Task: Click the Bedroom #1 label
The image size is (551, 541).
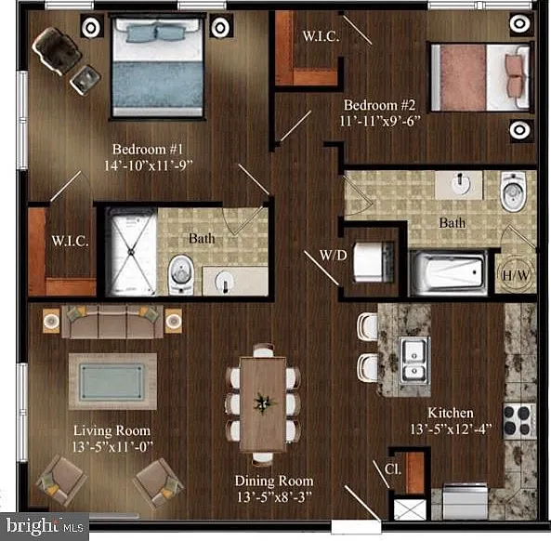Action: click(x=148, y=150)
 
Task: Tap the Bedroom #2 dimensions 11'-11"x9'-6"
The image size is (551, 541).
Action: click(x=380, y=121)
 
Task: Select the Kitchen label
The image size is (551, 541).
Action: click(x=451, y=413)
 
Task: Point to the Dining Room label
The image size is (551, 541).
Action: click(x=274, y=481)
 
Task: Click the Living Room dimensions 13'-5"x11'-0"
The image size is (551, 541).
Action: click(x=112, y=447)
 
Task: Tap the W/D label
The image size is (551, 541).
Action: click(x=334, y=256)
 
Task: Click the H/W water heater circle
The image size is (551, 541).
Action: click(x=515, y=274)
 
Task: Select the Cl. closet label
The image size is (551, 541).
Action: click(x=393, y=468)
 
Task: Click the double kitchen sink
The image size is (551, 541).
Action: click(x=414, y=360)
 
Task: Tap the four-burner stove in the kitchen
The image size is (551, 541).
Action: click(x=519, y=421)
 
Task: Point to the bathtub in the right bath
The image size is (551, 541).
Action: click(x=449, y=271)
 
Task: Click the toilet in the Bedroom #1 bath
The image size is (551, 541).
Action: click(x=181, y=274)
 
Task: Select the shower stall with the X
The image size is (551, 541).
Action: click(x=131, y=252)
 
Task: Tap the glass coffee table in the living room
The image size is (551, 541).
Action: click(x=112, y=382)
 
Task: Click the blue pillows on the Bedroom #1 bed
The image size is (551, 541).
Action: click(x=155, y=33)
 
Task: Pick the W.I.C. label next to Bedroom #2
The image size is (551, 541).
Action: click(x=321, y=36)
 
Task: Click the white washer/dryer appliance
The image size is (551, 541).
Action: click(x=372, y=261)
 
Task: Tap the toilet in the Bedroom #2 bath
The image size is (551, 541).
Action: click(x=513, y=191)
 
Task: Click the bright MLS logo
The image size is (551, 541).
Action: click(x=45, y=526)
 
